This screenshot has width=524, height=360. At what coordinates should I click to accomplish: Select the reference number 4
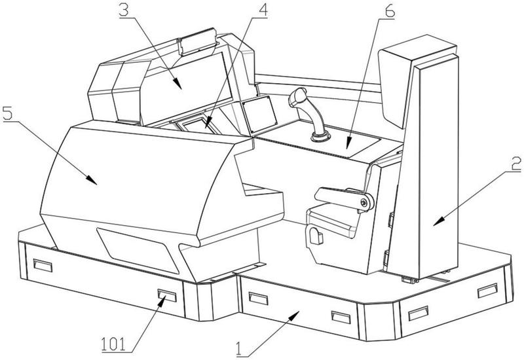pos(263,10)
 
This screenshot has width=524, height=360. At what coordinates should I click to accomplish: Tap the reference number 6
pos(389,11)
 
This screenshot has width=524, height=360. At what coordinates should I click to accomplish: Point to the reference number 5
pos(7,113)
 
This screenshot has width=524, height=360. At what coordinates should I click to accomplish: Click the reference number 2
pos(516,164)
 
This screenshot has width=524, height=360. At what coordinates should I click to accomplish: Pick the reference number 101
pos(114,344)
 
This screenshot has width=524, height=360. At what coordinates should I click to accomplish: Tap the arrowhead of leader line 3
pos(178,84)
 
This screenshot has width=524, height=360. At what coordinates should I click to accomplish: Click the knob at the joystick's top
pos(298,96)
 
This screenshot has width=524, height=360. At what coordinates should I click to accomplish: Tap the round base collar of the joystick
pos(320,137)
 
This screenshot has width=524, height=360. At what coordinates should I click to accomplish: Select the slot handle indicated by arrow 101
pos(167,296)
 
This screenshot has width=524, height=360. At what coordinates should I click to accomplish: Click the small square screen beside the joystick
pos(260,115)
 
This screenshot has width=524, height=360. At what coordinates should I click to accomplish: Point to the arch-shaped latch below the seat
pos(316,236)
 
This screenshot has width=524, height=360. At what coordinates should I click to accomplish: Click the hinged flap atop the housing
pos(197,43)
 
